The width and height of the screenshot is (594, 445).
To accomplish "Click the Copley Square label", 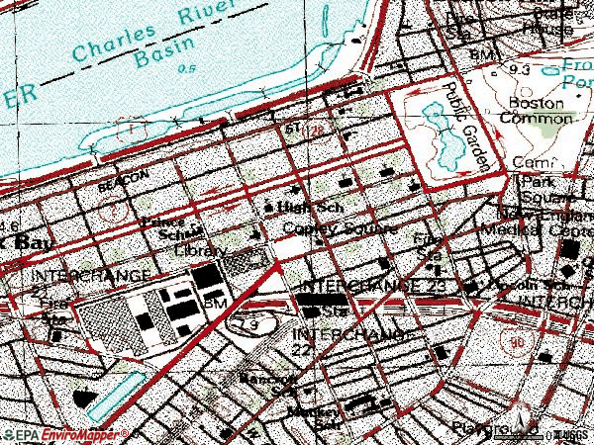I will (339, 229).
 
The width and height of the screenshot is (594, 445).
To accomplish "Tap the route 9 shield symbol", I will (255, 324).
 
